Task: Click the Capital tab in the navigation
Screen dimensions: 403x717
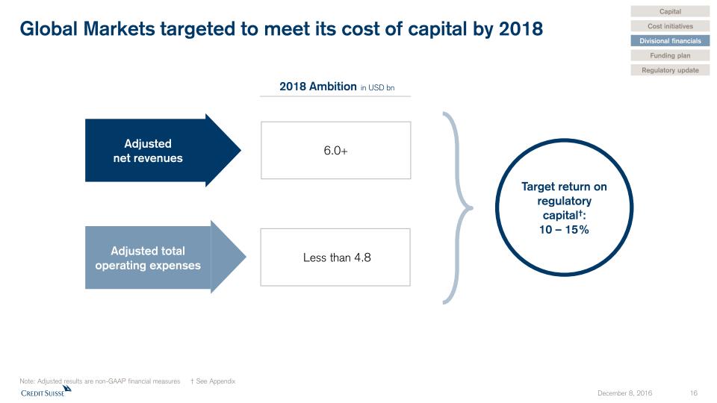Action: pyautogui.click(x=670, y=11)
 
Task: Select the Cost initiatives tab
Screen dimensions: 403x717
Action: pyautogui.click(x=670, y=26)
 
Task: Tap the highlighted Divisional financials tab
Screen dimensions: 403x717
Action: pyautogui.click(x=670, y=41)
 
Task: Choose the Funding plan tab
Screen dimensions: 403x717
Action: pyautogui.click(x=670, y=55)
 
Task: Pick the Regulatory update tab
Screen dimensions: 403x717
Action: pyautogui.click(x=670, y=70)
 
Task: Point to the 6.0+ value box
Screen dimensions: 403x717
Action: pyautogui.click(x=335, y=150)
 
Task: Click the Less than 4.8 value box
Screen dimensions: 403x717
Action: pyautogui.click(x=335, y=257)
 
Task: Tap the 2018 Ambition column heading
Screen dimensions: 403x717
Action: pyautogui.click(x=317, y=87)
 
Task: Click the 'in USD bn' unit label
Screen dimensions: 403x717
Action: pyautogui.click(x=377, y=88)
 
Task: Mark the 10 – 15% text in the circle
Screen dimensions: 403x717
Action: pyautogui.click(x=564, y=229)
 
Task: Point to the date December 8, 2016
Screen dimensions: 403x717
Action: pyautogui.click(x=624, y=393)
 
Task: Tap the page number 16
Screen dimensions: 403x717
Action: pyautogui.click(x=693, y=393)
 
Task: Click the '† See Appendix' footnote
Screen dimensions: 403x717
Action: pyautogui.click(x=213, y=381)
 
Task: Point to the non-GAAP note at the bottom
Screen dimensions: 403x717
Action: pyautogui.click(x=99, y=381)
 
